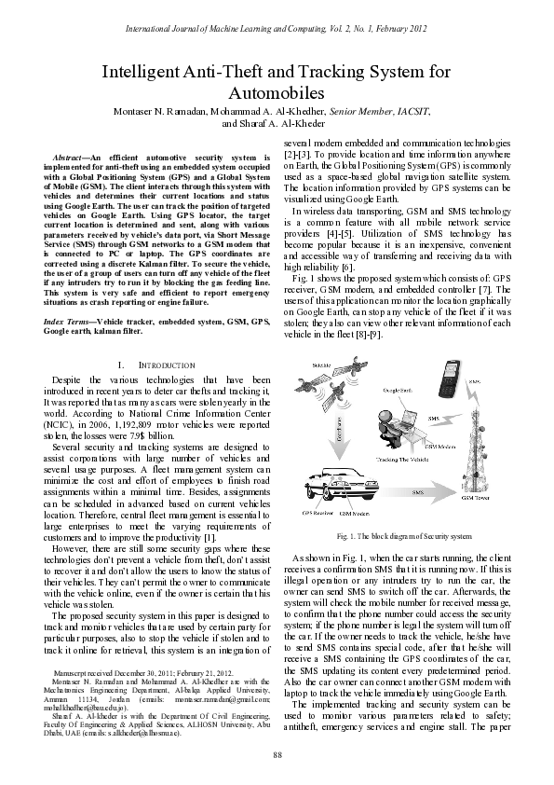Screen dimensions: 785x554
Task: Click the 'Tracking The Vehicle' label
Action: pos(377,461)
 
